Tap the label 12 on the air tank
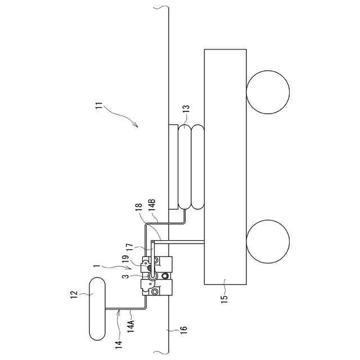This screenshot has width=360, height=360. [73, 295]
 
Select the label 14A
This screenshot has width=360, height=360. [131, 324]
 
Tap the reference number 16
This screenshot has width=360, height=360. [184, 331]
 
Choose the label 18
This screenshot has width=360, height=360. [139, 210]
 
